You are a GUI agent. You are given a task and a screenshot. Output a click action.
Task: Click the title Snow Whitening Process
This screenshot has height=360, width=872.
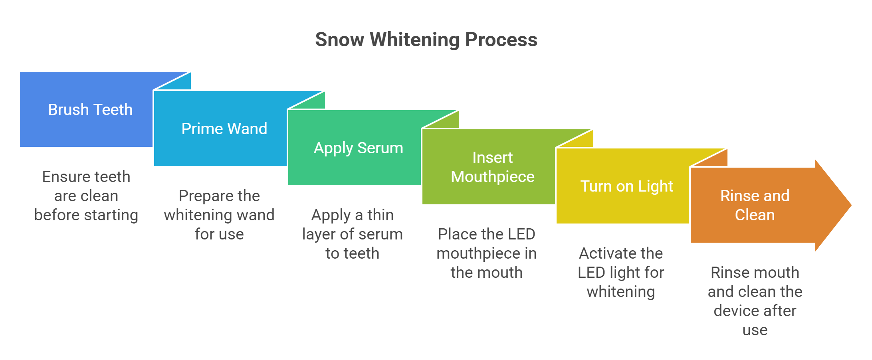point(426,40)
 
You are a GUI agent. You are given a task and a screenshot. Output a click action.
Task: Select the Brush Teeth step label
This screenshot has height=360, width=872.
point(90,110)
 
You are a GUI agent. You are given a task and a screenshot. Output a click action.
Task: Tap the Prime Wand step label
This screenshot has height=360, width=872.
point(224,129)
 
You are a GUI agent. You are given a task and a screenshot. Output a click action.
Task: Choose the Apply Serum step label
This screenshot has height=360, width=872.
point(358,148)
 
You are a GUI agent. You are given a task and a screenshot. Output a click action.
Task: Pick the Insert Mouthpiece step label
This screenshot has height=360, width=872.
point(492,167)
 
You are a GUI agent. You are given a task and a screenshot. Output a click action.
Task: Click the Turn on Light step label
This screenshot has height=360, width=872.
point(626,186)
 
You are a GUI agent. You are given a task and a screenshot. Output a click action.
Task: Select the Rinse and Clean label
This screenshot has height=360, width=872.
point(755,205)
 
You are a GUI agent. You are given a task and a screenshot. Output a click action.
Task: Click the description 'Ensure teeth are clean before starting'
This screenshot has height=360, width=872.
point(86,196)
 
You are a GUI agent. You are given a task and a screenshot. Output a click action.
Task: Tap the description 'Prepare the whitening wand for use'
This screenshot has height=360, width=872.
point(219,215)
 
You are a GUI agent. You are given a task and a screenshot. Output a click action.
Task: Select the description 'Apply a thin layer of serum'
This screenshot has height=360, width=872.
point(352,234)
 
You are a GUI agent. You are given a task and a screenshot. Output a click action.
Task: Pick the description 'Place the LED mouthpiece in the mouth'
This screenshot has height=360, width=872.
point(486,253)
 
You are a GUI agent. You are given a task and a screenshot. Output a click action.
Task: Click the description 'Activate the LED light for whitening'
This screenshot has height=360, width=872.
point(620,273)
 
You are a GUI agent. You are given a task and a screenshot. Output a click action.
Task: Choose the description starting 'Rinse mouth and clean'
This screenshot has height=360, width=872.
point(755,301)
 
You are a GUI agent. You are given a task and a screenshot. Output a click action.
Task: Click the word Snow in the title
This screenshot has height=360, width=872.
point(339,40)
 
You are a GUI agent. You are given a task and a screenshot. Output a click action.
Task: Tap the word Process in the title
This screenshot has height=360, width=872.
point(501,40)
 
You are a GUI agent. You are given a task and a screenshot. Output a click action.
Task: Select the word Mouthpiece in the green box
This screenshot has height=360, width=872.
point(492,177)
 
